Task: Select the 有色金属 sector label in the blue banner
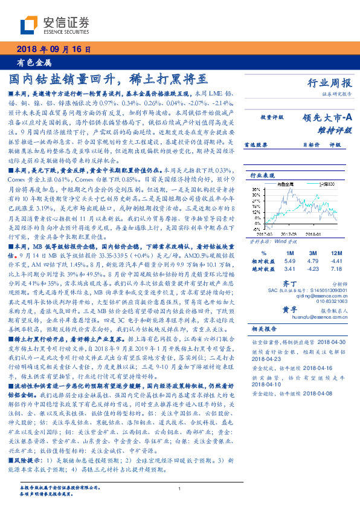pyautogui.click(x=34, y=62)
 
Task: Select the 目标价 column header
pyautogui.click(x=311, y=145)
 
